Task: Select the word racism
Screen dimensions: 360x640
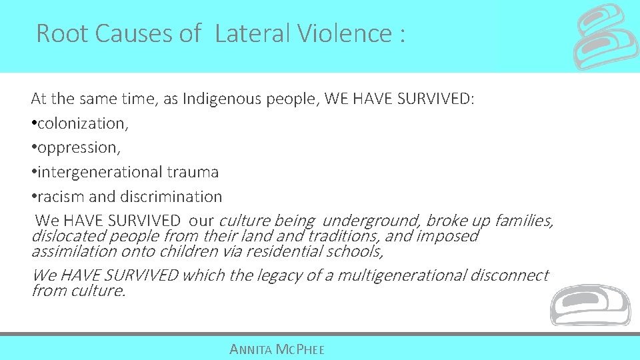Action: click(x=58, y=197)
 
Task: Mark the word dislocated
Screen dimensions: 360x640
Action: click(x=69, y=236)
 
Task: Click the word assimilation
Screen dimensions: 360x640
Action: click(x=74, y=251)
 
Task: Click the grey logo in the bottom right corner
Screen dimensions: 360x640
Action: click(x=589, y=305)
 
